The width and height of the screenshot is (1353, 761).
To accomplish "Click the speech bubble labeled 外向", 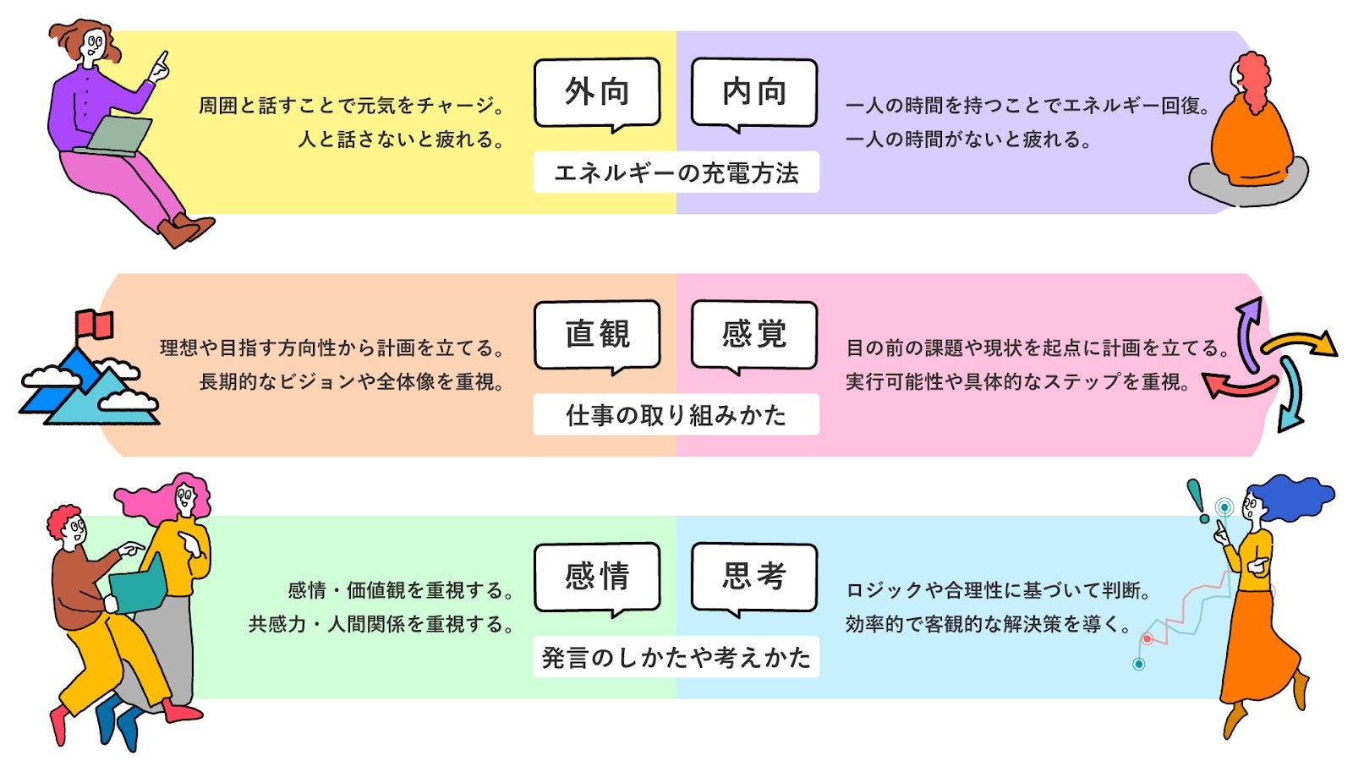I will tap(597, 91).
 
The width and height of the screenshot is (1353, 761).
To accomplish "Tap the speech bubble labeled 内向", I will tap(754, 91).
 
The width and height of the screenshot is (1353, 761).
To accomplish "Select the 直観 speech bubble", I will tap(597, 334).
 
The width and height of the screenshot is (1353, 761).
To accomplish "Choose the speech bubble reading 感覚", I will tap(754, 334).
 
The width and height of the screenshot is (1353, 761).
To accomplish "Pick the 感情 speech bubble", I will tap(597, 577).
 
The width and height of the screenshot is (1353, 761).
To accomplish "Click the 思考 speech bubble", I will tap(754, 577).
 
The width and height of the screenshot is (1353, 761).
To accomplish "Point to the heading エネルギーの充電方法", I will tap(676, 172).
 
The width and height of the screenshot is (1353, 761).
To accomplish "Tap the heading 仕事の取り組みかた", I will tap(676, 415).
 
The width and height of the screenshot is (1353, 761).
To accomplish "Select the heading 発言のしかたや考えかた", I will tap(676, 657).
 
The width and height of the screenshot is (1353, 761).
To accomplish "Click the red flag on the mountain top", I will tap(96, 324).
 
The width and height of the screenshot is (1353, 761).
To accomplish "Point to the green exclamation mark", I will tap(1196, 499).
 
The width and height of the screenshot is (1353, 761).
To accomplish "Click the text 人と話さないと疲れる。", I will tap(401, 140).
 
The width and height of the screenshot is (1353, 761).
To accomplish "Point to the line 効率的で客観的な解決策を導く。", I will tap(989, 624).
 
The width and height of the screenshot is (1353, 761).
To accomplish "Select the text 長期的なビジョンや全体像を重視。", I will tap(352, 382).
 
